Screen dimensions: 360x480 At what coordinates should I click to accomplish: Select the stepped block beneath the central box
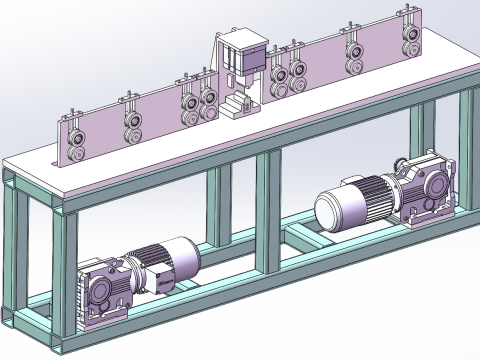point(238,104)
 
